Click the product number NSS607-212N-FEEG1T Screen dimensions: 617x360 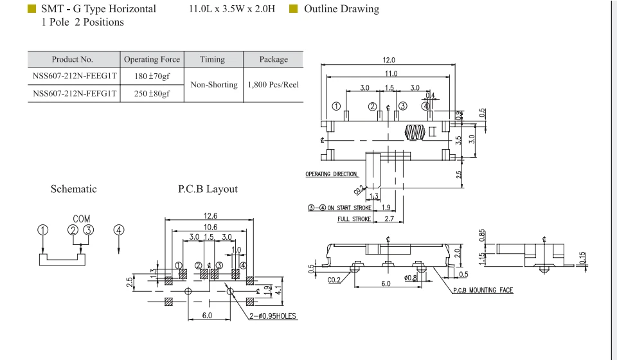click(x=75, y=76)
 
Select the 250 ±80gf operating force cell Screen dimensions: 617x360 click(x=152, y=94)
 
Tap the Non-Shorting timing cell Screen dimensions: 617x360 click(x=214, y=85)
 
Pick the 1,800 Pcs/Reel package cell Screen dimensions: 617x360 click(x=273, y=85)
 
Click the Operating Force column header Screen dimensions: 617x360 click(x=152, y=59)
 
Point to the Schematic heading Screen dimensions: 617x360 click(x=73, y=189)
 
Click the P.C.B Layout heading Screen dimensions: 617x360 click(x=208, y=189)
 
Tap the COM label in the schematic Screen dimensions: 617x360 click(x=82, y=219)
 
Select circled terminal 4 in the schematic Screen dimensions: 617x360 click(x=119, y=230)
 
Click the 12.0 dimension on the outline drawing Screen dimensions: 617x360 click(x=388, y=60)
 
